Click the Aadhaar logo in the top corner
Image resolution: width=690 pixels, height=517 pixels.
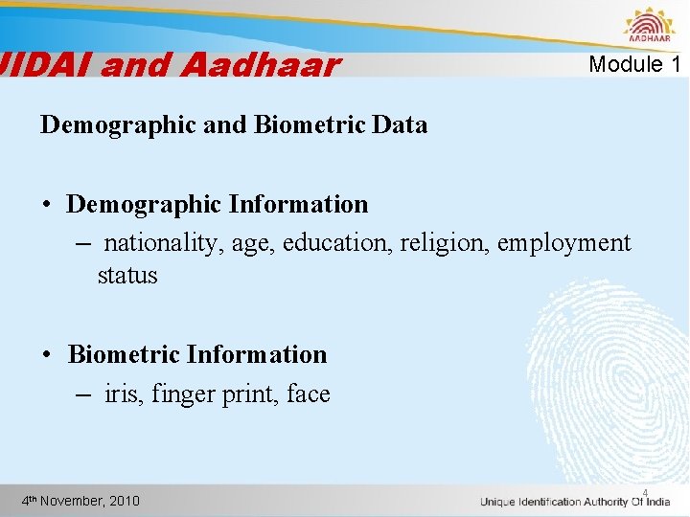tap(649, 26)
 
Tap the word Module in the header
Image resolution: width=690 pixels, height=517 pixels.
tap(626, 65)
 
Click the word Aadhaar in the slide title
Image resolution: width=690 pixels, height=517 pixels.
tap(259, 66)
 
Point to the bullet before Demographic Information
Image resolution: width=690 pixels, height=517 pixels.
tap(47, 205)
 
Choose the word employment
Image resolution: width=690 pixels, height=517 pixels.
tap(565, 243)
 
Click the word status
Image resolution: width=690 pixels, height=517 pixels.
tap(127, 276)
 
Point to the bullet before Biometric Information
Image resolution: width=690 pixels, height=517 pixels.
tap(47, 355)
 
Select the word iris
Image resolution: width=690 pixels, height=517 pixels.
tap(122, 394)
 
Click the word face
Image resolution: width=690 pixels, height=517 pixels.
tap(308, 394)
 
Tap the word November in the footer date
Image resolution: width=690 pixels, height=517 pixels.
tap(75, 501)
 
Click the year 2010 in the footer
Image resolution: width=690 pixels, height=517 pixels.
tap(125, 501)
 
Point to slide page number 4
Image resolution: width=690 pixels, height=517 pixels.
tap(645, 494)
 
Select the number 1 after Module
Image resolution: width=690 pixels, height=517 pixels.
tap(676, 65)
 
